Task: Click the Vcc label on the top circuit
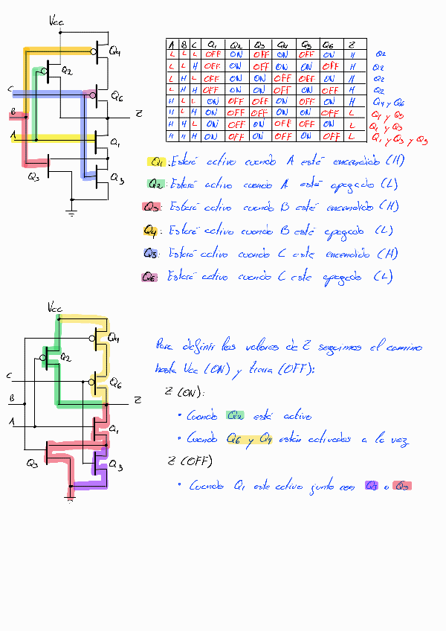(56, 22)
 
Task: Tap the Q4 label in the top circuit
(115, 51)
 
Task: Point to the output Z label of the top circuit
(138, 113)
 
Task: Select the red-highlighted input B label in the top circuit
(13, 113)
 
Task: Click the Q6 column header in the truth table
(329, 44)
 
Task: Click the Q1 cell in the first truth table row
(213, 55)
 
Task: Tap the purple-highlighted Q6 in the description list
(150, 277)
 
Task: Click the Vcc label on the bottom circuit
(56, 307)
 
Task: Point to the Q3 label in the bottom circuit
(32, 464)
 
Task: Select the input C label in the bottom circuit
(9, 374)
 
